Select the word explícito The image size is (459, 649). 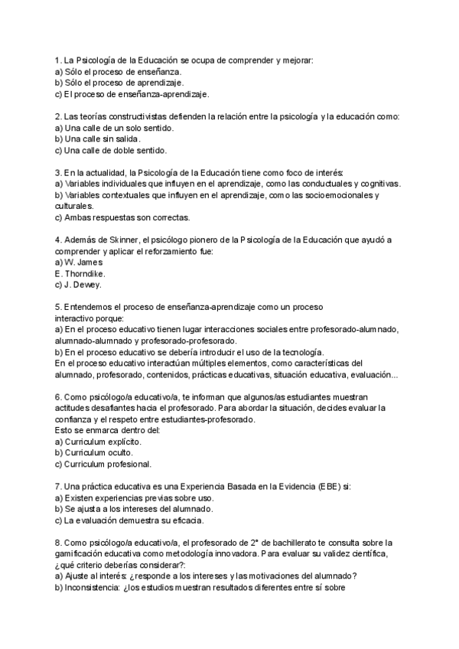coord(122,442)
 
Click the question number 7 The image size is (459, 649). coord(58,486)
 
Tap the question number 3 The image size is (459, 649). coord(58,172)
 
